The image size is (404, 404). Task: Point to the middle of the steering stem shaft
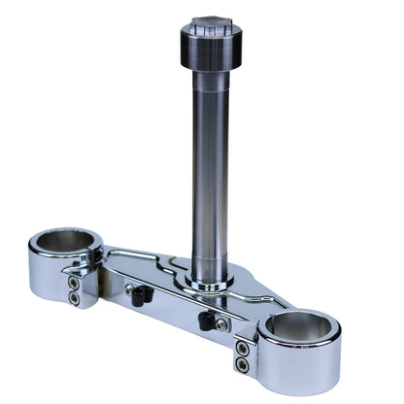pos(209,175)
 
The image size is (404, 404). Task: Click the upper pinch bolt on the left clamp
pos(74,283)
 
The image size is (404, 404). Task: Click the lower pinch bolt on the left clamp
pos(74,298)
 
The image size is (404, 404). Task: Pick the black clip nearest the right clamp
pos(205,320)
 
